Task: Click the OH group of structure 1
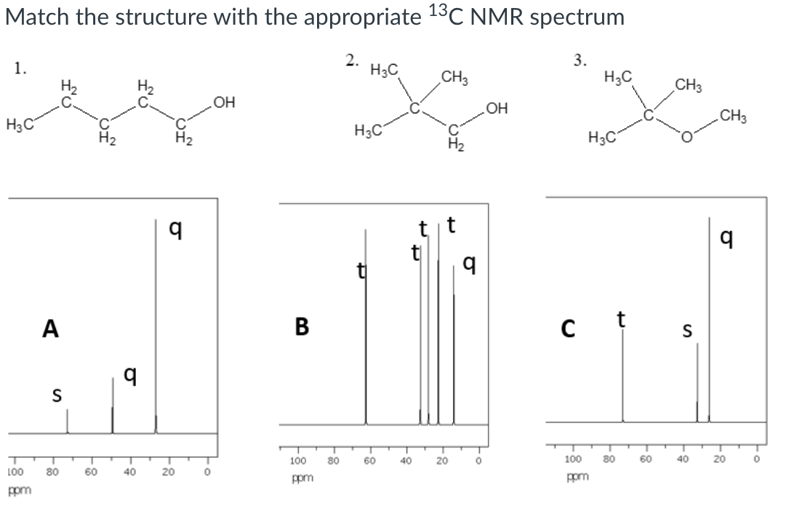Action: (x=225, y=100)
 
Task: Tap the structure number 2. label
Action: (x=352, y=60)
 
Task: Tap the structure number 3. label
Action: (x=580, y=60)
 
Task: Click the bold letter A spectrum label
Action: (x=50, y=329)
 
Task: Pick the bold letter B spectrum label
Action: (x=302, y=327)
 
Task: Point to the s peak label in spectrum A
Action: (x=55, y=397)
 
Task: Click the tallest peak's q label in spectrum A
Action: (x=175, y=230)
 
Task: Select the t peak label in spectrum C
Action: (x=620, y=319)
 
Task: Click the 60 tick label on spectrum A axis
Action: (x=92, y=473)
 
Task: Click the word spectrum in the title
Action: (x=577, y=17)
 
